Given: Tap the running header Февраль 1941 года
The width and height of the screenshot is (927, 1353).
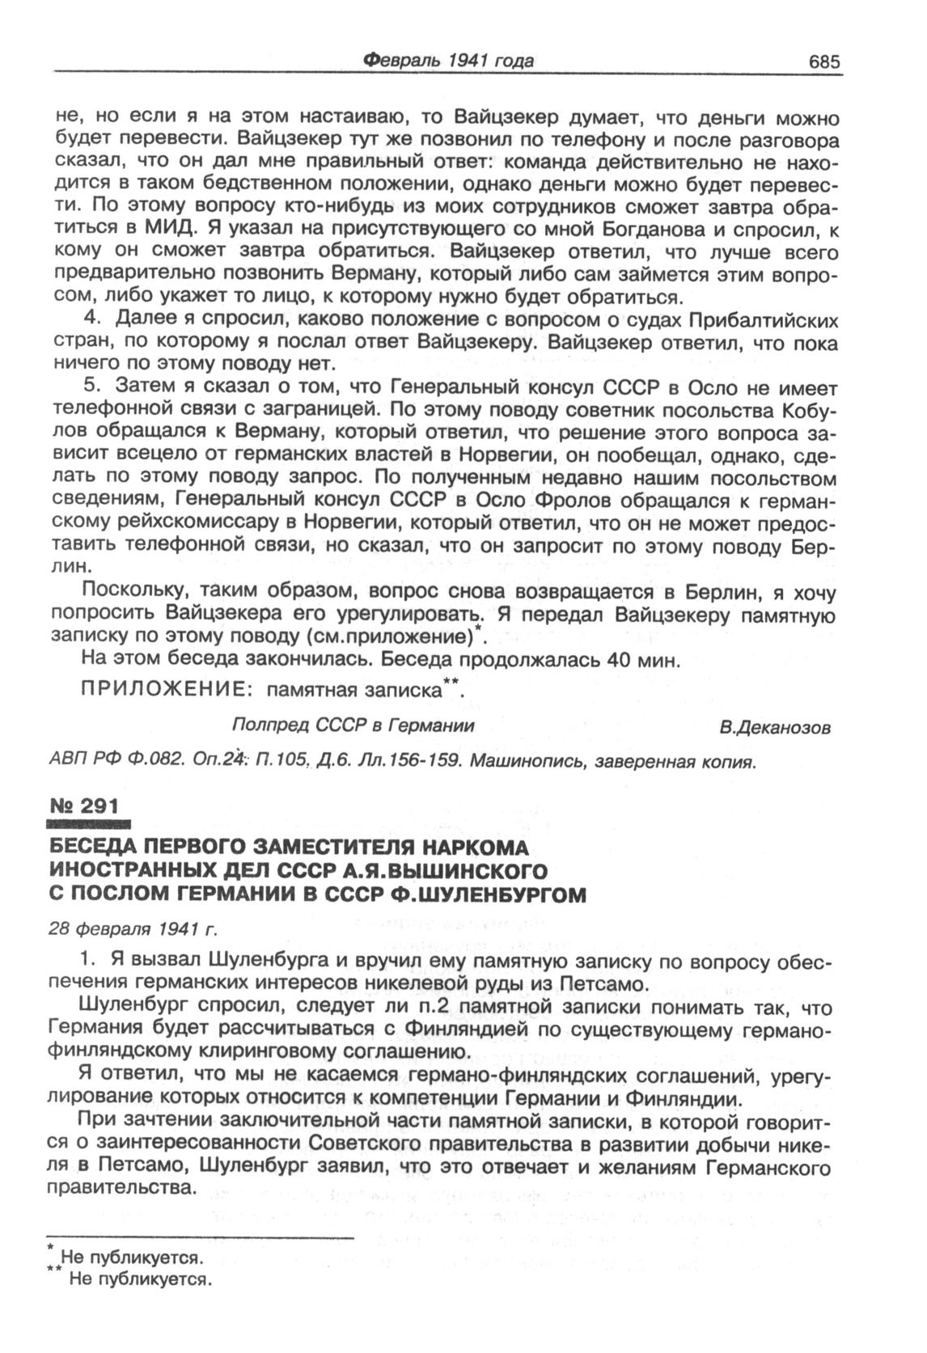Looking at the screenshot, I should (448, 61).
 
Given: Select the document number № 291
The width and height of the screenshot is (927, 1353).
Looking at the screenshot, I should (84, 805).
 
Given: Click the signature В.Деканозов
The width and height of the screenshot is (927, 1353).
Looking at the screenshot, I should (775, 728).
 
